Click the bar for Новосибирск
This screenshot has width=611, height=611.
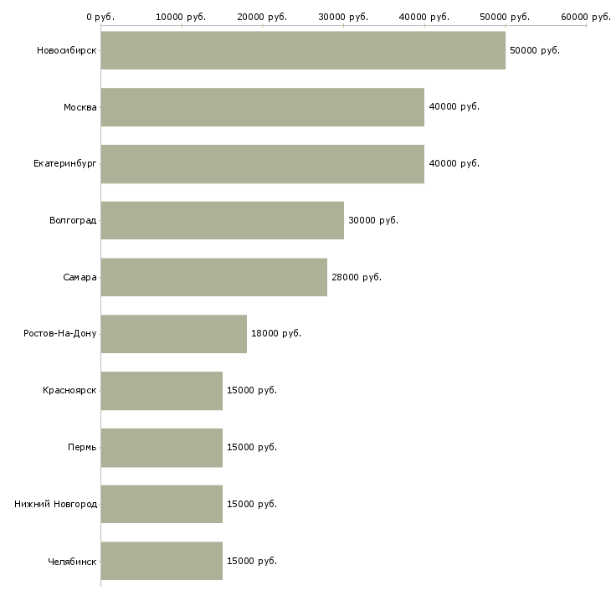[x=303, y=50]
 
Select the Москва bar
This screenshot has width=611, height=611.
[x=262, y=107]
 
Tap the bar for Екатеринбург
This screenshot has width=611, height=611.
[x=262, y=164]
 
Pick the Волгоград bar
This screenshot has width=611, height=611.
[x=222, y=220]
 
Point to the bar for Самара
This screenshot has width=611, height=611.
[x=213, y=277]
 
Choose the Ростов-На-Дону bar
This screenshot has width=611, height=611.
[x=173, y=334]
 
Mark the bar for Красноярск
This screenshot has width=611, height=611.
[x=162, y=391]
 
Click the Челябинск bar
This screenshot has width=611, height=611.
[x=162, y=561]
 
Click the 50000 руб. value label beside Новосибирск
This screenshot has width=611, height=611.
[x=535, y=50]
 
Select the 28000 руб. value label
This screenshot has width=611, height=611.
[x=357, y=277]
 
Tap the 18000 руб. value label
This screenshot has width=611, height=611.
[x=276, y=333]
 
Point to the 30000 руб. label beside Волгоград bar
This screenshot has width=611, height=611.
[x=373, y=220]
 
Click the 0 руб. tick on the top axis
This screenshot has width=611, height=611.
[x=100, y=17]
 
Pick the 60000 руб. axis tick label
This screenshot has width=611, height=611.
[x=586, y=17]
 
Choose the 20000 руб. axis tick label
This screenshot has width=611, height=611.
[x=262, y=17]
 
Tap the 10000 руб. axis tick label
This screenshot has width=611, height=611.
[x=182, y=17]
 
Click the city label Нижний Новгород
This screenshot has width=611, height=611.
[x=55, y=504]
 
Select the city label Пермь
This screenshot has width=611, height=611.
[x=82, y=447]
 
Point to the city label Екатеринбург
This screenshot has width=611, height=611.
[x=65, y=164]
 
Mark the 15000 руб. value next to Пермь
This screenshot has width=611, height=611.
[x=252, y=447]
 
